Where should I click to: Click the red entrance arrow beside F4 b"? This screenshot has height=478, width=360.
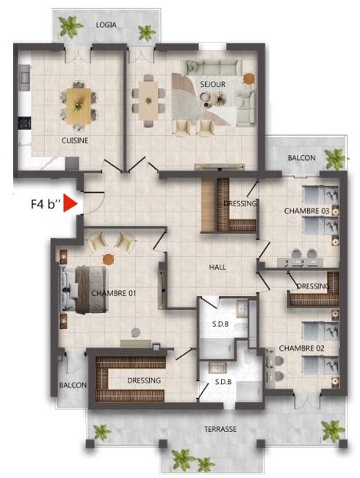click(x=70, y=203)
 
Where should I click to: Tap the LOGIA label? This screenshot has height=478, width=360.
click(x=106, y=25)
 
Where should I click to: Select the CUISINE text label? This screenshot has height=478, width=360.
click(x=75, y=140)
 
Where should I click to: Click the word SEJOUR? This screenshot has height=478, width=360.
click(x=212, y=84)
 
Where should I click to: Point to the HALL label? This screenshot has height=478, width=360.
click(x=217, y=267)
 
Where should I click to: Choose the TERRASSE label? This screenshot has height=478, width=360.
click(x=220, y=430)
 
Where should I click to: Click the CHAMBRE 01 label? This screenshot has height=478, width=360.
click(x=114, y=293)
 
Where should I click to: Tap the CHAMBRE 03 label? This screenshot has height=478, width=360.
click(x=306, y=211)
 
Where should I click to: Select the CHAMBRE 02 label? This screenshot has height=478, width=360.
click(x=301, y=348)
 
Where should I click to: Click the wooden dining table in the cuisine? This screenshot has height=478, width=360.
click(x=79, y=106)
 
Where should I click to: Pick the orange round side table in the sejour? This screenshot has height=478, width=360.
click(x=249, y=79)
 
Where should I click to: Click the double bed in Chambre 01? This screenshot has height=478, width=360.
click(x=84, y=289)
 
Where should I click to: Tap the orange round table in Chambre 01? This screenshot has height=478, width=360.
click(x=108, y=259)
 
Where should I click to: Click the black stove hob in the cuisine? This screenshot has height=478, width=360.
click(x=24, y=123)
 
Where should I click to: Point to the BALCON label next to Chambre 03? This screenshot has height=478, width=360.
click(x=301, y=158)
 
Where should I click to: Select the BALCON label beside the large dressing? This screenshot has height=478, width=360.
click(x=73, y=385)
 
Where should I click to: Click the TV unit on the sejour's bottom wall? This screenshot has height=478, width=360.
click(x=220, y=167)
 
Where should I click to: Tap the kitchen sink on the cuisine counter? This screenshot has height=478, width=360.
click(x=24, y=78)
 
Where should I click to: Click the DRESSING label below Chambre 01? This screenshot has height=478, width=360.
click(x=144, y=380)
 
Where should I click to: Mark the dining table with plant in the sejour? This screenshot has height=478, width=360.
click(x=148, y=101)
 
